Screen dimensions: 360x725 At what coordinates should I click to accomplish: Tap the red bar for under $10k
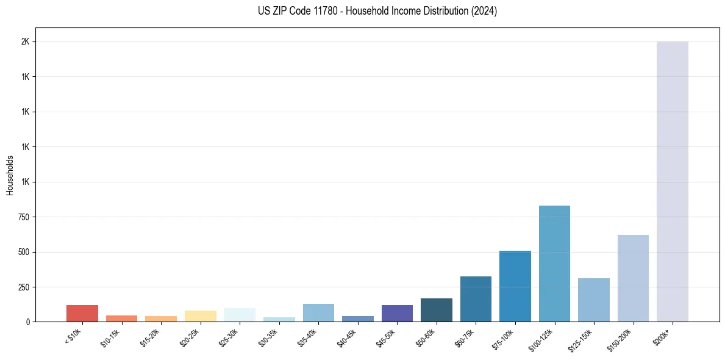82,313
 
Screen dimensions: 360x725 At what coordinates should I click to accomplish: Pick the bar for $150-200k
633,278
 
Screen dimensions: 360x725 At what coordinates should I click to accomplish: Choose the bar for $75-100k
515,286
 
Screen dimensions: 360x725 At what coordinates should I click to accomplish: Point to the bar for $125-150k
594,300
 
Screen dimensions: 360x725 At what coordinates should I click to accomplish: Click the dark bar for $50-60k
437,310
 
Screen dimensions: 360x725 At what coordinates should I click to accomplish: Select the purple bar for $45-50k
397,313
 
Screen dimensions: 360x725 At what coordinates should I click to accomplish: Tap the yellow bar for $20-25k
201,316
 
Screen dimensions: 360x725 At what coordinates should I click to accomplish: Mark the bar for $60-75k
476,299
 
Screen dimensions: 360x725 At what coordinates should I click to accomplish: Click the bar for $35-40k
318,312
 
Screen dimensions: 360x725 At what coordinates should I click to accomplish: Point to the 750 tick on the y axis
25,217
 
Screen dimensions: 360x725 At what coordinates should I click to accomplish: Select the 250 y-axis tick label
25,287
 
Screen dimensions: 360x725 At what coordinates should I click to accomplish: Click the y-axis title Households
10,175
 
